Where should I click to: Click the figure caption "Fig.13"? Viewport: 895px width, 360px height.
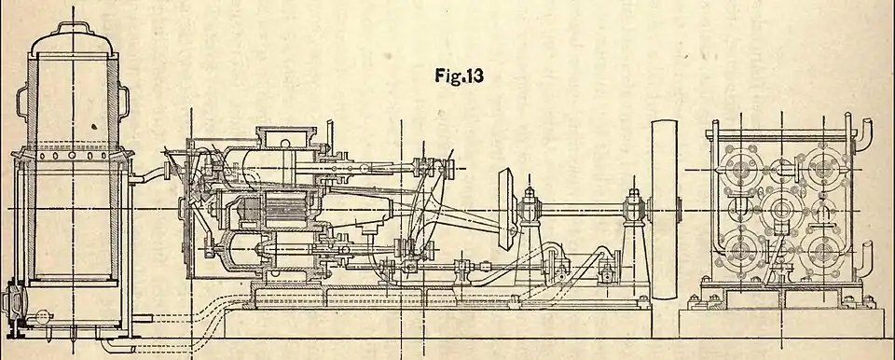[459, 76]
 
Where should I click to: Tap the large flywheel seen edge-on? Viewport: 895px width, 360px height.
[665, 210]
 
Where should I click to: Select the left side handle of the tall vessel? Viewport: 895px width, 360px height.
[22, 102]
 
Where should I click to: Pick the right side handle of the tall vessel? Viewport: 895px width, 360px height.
[123, 102]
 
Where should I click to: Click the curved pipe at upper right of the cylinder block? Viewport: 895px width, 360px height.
[863, 132]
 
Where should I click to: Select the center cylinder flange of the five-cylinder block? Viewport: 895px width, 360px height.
[781, 210]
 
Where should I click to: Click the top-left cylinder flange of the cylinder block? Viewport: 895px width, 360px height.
[740, 170]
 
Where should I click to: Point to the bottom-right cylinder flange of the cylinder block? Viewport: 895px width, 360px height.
[822, 252]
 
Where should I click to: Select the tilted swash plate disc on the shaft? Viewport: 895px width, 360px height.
[506, 210]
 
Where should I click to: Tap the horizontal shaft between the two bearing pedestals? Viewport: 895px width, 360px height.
[581, 210]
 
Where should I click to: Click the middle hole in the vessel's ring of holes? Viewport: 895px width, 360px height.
[73, 156]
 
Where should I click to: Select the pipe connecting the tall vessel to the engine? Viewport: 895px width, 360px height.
[149, 173]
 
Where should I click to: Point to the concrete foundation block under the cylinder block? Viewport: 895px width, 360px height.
[781, 324]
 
